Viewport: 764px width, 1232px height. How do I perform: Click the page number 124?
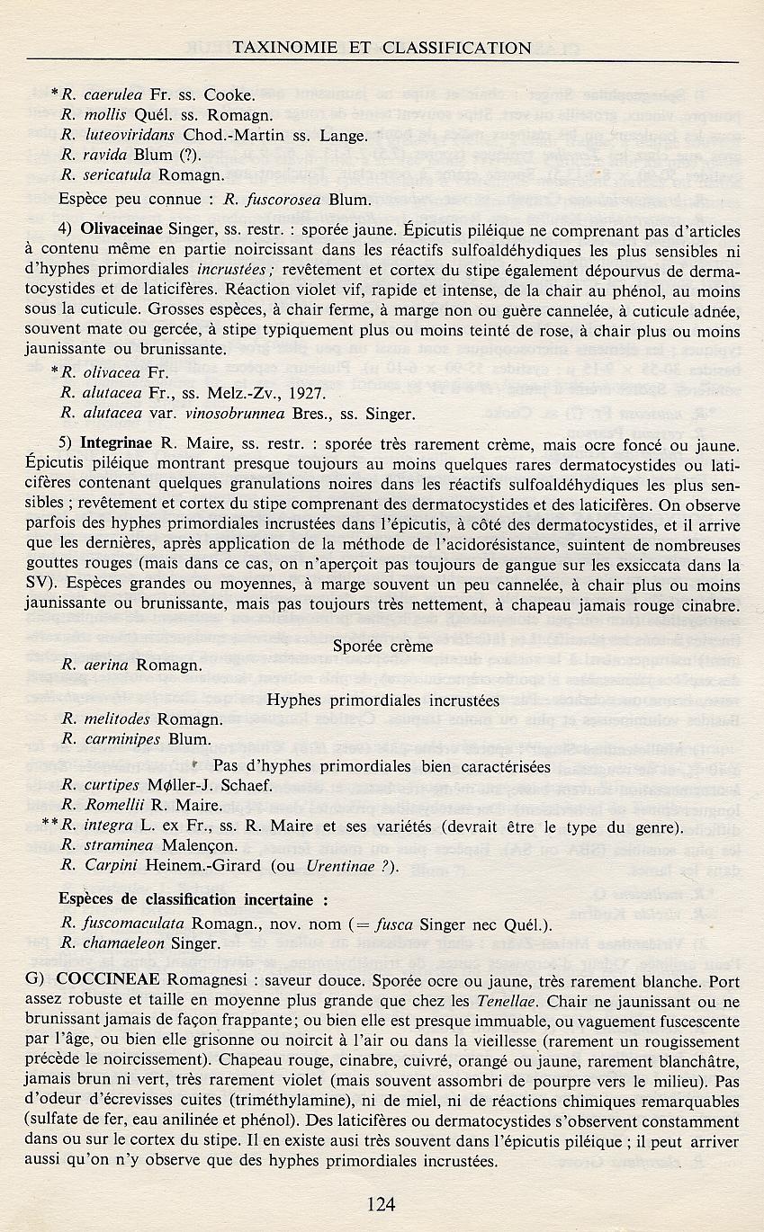coord(382,1203)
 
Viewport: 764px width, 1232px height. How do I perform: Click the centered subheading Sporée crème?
coord(382,645)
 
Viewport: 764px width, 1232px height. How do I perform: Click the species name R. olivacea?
coord(100,370)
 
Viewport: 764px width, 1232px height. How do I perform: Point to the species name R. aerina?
coord(93,665)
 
